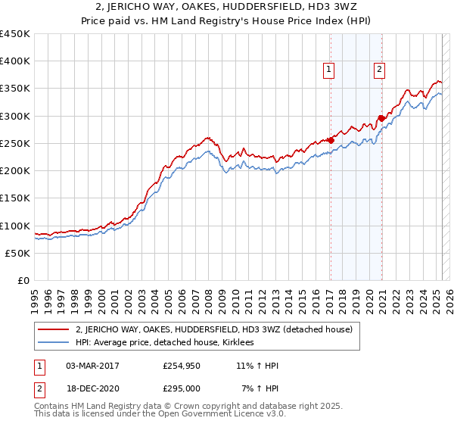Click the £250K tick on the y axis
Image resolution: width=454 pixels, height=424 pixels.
point(15,143)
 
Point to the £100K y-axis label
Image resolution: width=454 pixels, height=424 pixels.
point(15,226)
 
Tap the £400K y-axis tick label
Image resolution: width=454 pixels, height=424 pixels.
point(15,61)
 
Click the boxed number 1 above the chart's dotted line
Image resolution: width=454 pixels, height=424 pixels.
point(330,70)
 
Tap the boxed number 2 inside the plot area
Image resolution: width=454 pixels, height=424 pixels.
point(379,70)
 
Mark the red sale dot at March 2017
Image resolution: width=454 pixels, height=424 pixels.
point(331,140)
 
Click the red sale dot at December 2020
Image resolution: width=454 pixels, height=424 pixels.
point(381,118)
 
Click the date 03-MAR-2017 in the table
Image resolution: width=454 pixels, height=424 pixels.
point(92,366)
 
